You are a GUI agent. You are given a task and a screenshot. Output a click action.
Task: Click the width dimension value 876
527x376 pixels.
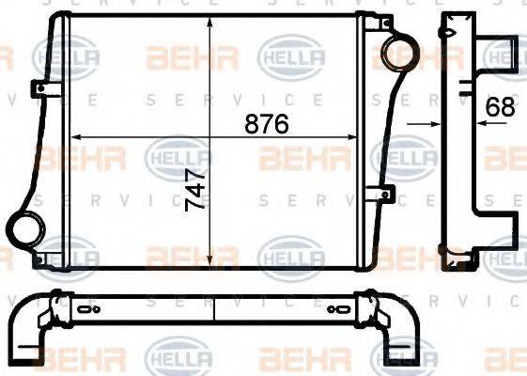(266, 124)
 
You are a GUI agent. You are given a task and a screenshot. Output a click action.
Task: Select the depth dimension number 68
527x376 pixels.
(500, 107)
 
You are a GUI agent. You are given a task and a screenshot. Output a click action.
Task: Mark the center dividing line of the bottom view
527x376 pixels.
(215, 310)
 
